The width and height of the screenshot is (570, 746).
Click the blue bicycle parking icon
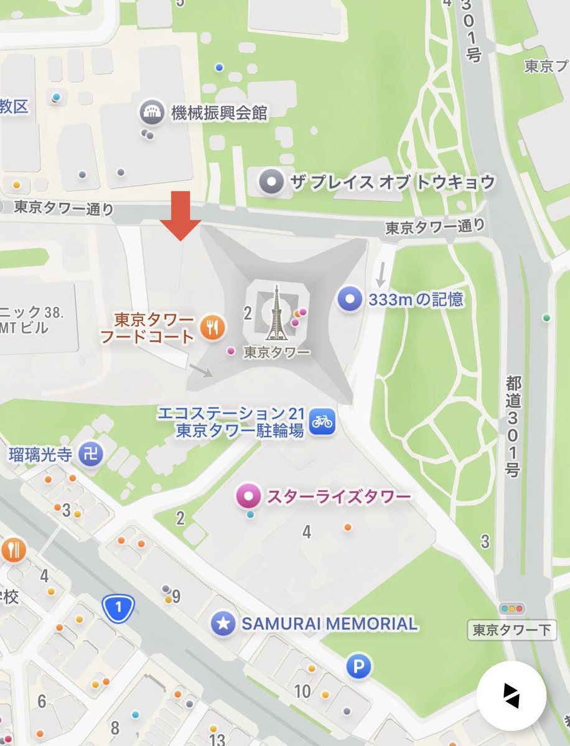click(x=322, y=421)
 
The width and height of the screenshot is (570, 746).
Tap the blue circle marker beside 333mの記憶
click(x=350, y=300)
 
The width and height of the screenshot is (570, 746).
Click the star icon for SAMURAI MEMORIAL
click(x=223, y=623)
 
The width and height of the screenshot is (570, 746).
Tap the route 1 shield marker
click(x=118, y=607)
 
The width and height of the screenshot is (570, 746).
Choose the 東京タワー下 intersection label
click(x=512, y=630)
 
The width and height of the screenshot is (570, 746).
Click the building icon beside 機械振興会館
click(x=151, y=112)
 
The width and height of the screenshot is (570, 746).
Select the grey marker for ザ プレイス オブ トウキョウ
click(x=271, y=182)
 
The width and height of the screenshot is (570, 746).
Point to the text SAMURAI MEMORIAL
click(x=329, y=623)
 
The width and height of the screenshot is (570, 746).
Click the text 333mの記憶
click(x=416, y=300)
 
